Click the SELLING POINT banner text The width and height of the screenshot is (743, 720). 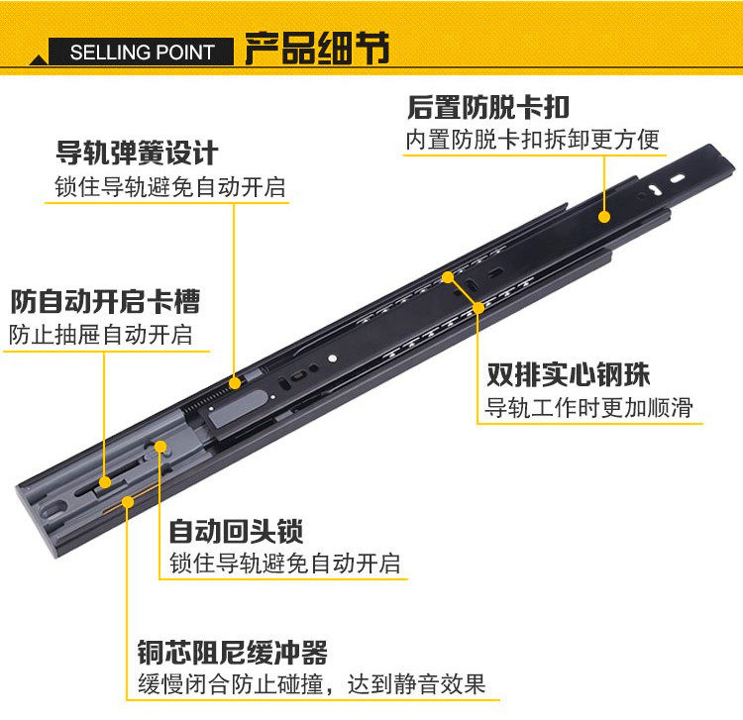[142, 52]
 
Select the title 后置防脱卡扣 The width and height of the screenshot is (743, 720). [488, 107]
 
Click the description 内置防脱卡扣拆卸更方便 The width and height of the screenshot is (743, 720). [532, 140]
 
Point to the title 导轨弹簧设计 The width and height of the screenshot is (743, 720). [137, 154]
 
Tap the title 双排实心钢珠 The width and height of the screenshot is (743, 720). [568, 375]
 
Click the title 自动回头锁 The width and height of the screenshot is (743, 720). [236, 531]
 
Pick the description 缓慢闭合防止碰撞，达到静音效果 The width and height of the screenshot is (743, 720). [311, 684]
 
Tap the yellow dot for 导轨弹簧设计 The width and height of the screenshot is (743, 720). [235, 381]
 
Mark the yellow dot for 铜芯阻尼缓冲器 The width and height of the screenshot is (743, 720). [127, 501]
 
